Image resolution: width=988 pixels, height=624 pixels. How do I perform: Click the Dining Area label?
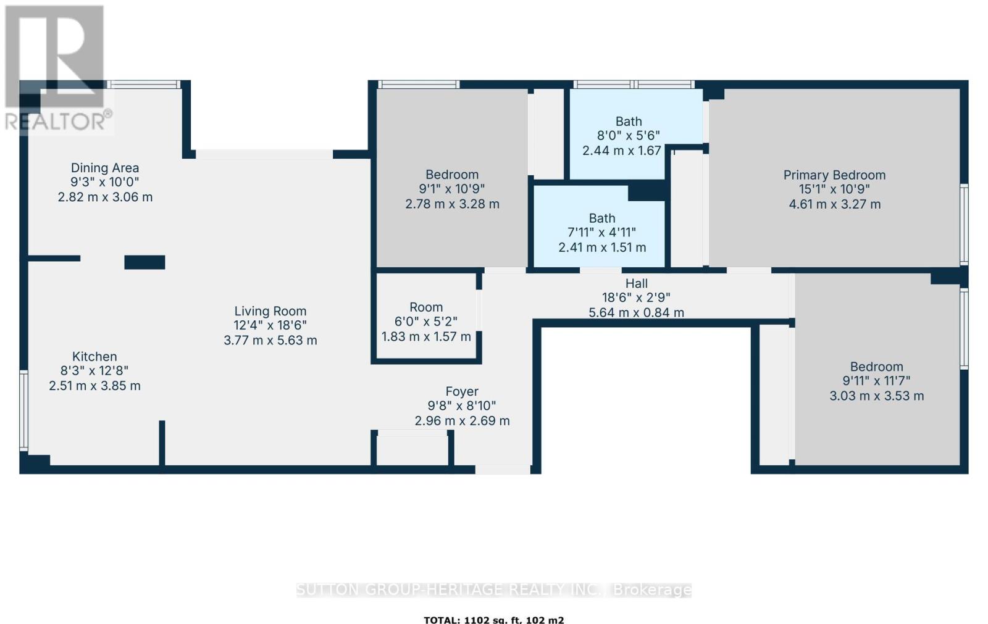pyautogui.click(x=105, y=168)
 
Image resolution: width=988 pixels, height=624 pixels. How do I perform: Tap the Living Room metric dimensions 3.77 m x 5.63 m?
pyautogui.click(x=270, y=340)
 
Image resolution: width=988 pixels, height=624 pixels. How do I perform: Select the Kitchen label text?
pyautogui.click(x=94, y=356)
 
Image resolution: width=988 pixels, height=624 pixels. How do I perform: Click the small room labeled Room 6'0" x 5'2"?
pyautogui.click(x=426, y=321)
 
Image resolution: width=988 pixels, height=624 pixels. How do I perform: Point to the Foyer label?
pyautogui.click(x=462, y=391)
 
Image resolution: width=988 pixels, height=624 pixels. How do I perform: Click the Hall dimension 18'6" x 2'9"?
pyautogui.click(x=637, y=297)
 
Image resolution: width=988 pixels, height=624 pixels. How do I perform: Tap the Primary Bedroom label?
pyautogui.click(x=834, y=175)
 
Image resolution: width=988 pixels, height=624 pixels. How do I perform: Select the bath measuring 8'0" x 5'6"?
pyautogui.click(x=628, y=136)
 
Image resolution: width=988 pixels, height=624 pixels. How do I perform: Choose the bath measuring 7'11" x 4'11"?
pyautogui.click(x=601, y=232)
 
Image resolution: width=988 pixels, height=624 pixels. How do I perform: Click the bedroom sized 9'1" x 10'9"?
pyautogui.click(x=452, y=189)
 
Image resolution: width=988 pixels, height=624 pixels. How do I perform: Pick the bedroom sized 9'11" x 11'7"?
pyautogui.click(x=876, y=381)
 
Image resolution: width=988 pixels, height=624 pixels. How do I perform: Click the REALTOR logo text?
pyautogui.click(x=59, y=121)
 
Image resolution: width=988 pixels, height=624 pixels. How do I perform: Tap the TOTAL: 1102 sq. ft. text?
pyautogui.click(x=493, y=620)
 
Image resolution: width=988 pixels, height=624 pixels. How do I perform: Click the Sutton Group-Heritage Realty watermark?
pyautogui.click(x=493, y=589)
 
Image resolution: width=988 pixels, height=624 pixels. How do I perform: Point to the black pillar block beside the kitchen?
pyautogui.click(x=144, y=262)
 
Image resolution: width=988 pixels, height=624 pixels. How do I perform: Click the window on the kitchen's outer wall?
pyautogui.click(x=23, y=410)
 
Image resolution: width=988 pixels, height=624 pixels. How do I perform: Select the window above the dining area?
pyautogui.click(x=143, y=85)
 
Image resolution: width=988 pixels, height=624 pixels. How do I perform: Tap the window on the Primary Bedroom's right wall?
pyautogui.click(x=963, y=225)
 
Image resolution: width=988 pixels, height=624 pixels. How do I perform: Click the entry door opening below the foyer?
pyautogui.click(x=503, y=470)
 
